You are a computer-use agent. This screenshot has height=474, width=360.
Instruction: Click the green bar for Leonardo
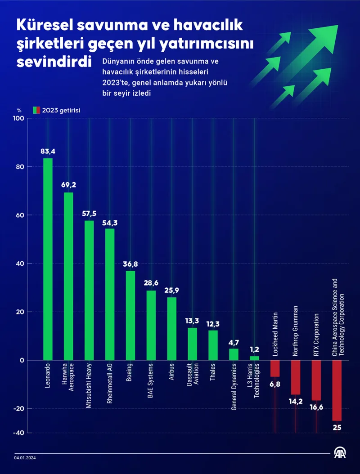tap(48, 259)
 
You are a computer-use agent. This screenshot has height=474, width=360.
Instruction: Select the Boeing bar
tap(130, 315)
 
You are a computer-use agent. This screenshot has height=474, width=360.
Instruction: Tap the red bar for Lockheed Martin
tap(275, 368)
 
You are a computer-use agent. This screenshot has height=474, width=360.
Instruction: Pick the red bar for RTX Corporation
tap(316, 380)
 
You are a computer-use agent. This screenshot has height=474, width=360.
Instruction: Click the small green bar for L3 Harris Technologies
tap(254, 358)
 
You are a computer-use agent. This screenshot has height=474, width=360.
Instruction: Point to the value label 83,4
tap(48, 151)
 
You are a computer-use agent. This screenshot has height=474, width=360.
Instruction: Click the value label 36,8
tap(130, 264)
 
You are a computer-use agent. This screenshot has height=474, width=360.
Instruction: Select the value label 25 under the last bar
tap(337, 427)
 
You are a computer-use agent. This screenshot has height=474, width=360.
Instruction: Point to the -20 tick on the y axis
tap(19, 408)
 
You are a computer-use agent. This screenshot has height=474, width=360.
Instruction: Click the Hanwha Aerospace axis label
tap(68, 378)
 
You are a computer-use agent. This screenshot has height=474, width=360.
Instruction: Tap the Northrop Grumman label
tap(296, 331)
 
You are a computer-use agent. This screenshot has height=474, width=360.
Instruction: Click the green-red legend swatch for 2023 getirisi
tap(36, 110)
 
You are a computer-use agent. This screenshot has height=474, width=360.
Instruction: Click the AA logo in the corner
tap(340, 454)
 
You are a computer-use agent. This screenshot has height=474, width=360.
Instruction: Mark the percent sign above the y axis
tap(19, 110)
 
